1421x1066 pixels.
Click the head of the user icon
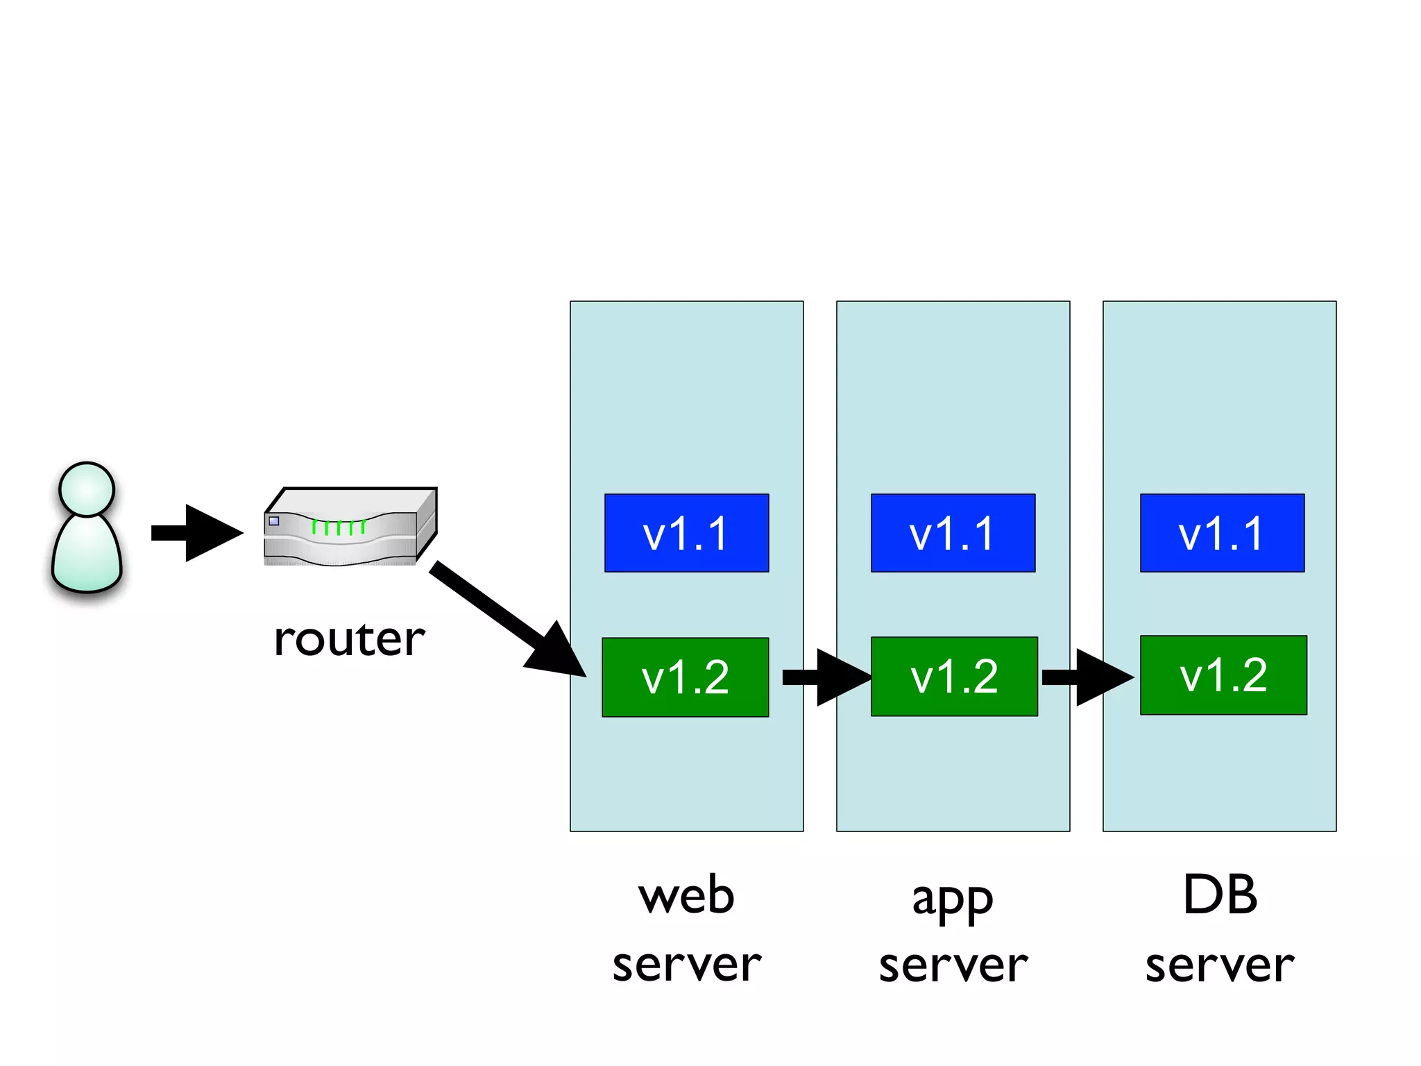[87, 489]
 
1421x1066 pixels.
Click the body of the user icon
[87, 555]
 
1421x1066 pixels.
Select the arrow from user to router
[198, 533]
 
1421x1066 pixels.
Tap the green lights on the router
[339, 527]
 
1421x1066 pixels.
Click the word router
[349, 639]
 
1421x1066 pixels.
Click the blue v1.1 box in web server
[686, 533]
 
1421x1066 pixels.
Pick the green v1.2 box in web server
[685, 677]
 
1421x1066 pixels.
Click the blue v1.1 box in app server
[953, 533]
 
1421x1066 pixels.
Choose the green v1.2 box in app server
[954, 677]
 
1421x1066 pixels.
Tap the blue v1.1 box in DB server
[1222, 533]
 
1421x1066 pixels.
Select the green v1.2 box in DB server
[1223, 675]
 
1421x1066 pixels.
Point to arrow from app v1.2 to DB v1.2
[1088, 677]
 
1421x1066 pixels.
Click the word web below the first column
[686, 896]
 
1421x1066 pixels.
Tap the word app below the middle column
[953, 901]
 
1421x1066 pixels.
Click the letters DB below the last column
[1220, 895]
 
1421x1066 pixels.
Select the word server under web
[686, 965]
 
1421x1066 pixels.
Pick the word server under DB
[1219, 965]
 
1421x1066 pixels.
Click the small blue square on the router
[274, 521]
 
